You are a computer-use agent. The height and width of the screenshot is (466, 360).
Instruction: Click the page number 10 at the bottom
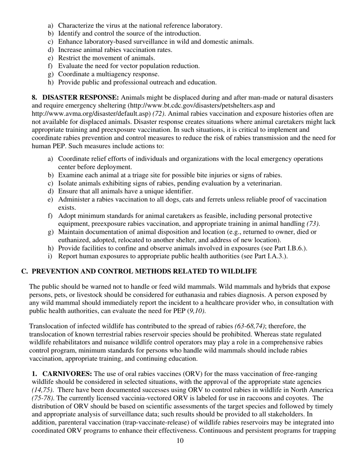click(180, 441)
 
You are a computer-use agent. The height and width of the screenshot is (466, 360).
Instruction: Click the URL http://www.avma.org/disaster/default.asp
click(91, 114)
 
